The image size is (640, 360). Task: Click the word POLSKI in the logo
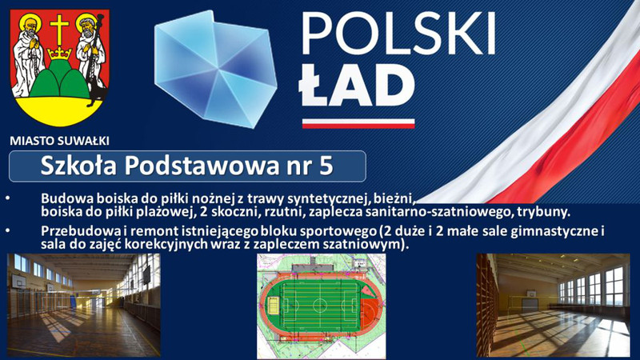click(398, 34)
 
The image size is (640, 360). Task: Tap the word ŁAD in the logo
click(357, 85)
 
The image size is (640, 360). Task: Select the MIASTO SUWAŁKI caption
click(59, 142)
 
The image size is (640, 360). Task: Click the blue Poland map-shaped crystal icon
click(215, 69)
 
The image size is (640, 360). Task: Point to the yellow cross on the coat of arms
click(59, 30)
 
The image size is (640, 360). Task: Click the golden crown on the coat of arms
click(59, 53)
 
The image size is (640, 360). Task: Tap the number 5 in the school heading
click(326, 166)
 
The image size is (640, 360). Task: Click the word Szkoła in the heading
click(78, 166)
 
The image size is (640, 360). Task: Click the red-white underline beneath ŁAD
click(358, 123)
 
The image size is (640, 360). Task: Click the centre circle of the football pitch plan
click(319, 305)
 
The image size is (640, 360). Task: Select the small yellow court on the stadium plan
click(273, 304)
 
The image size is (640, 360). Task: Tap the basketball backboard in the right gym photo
click(530, 294)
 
